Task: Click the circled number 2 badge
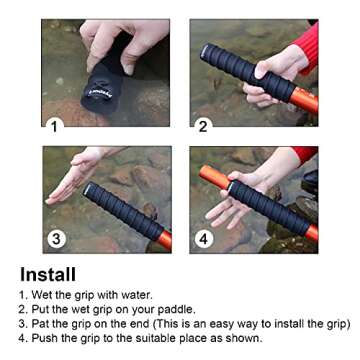[203, 125]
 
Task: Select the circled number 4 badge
[204, 238]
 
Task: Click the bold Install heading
[47, 274]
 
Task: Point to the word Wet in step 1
[43, 295]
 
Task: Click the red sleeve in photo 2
[305, 45]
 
